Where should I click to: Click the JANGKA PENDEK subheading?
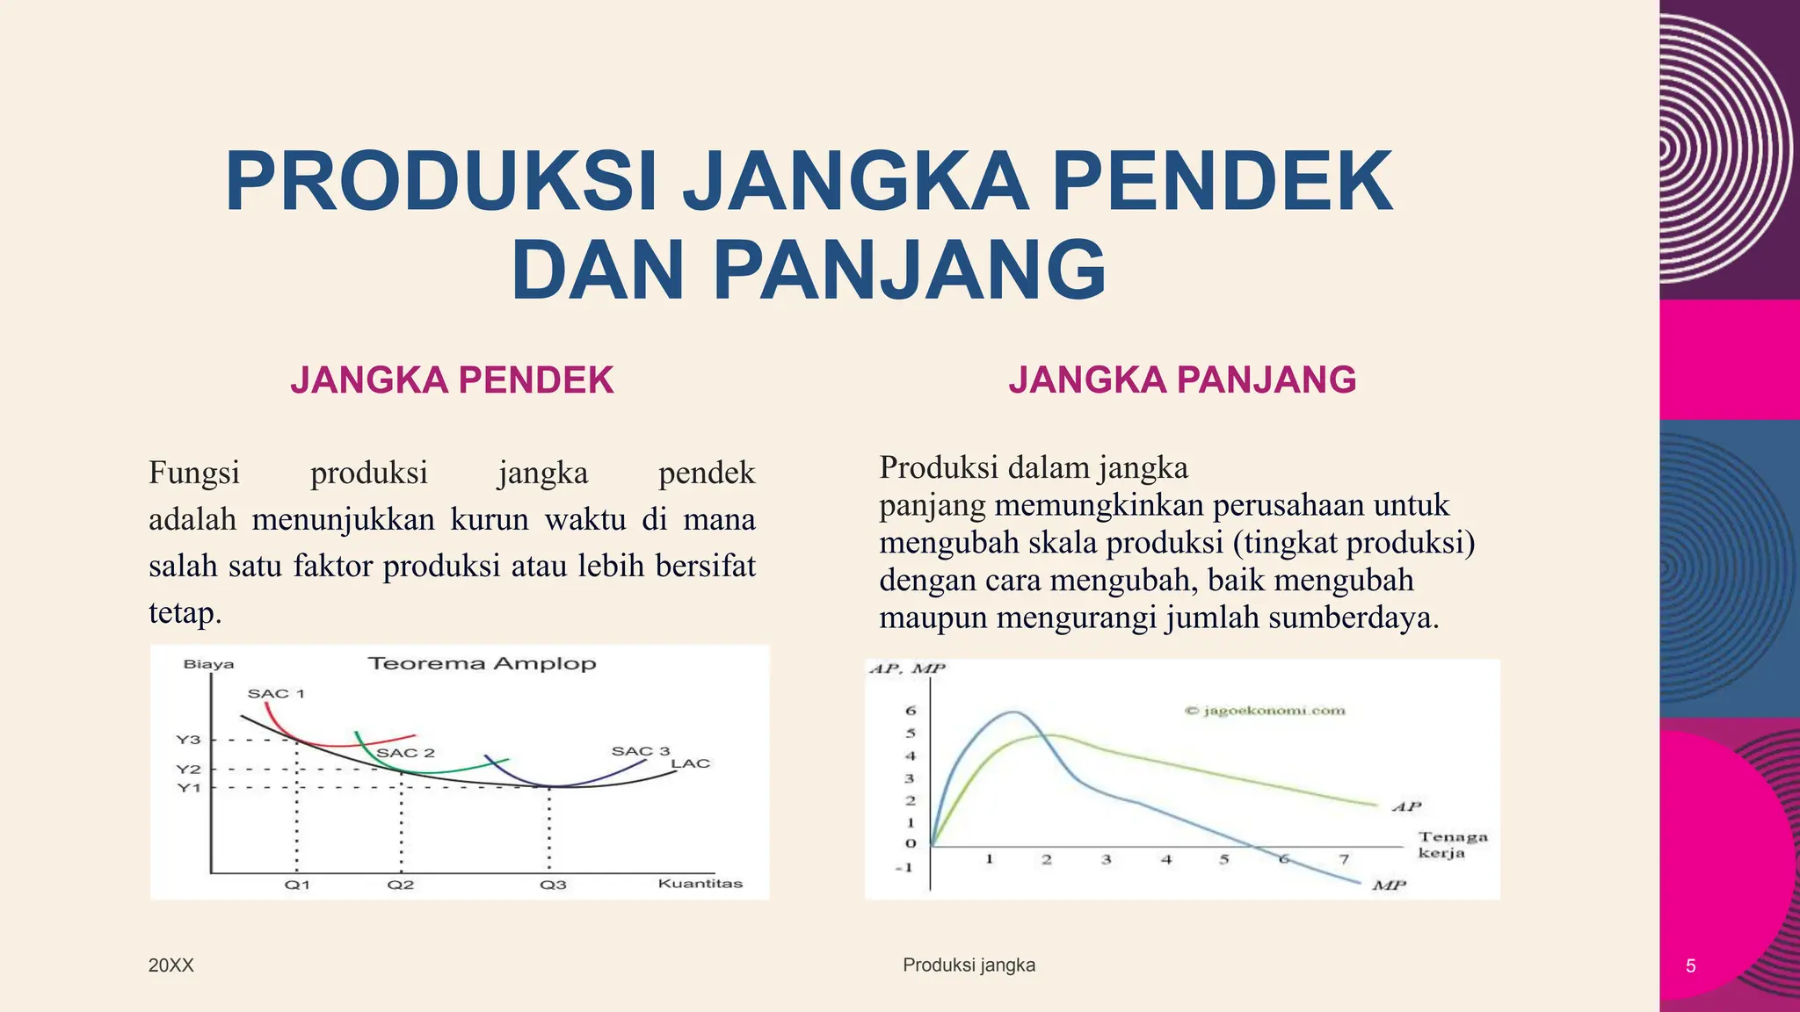tap(452, 380)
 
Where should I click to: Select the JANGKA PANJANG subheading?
tap(1182, 380)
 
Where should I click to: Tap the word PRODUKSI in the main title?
tap(440, 182)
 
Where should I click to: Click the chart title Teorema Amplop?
tap(482, 663)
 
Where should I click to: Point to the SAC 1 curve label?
tap(276, 693)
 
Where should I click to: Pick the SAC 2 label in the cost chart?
tap(405, 753)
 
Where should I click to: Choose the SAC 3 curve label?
tap(641, 751)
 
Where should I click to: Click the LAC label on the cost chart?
tap(690, 763)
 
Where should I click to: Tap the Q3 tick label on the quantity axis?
tap(553, 885)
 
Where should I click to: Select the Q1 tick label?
tap(297, 885)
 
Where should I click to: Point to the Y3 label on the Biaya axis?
tap(189, 740)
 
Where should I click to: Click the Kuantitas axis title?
tap(700, 884)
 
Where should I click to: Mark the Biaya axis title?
tap(208, 664)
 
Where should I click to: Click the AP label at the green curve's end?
tap(1406, 806)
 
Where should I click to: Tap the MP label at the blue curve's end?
tap(1389, 885)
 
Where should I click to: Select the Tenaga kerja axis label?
tap(1453, 845)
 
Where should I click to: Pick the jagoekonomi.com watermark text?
tap(1266, 711)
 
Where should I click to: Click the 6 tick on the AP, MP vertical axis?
tap(911, 711)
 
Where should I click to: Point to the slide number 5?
tap(1690, 966)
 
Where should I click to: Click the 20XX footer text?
tap(171, 965)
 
